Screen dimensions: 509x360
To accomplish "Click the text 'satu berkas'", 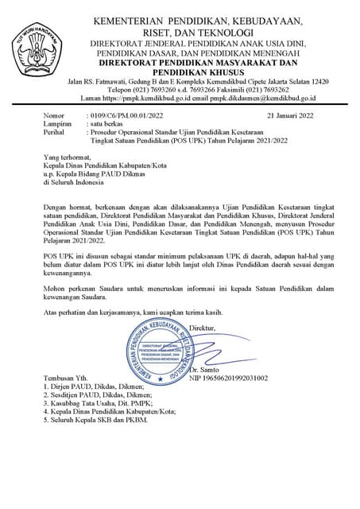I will (108, 125).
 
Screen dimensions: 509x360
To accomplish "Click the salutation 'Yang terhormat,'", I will (68, 157).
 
